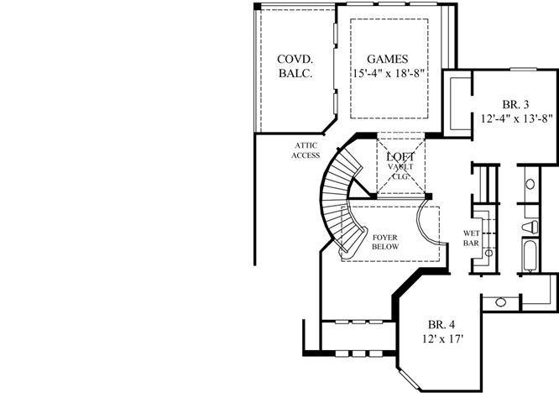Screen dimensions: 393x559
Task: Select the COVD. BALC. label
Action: point(295,66)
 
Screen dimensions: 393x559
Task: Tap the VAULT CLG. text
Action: point(400,171)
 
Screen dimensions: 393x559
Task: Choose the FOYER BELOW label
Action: point(384,242)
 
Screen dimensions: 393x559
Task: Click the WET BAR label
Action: point(471,238)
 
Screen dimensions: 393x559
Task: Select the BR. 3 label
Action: point(515,104)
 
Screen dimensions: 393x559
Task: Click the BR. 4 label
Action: point(442,325)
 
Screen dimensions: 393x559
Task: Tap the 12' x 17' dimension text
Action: point(442,339)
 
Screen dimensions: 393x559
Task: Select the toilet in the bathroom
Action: point(530,227)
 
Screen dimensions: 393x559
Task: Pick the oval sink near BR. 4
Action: point(501,301)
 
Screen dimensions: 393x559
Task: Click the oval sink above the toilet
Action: point(531,184)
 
